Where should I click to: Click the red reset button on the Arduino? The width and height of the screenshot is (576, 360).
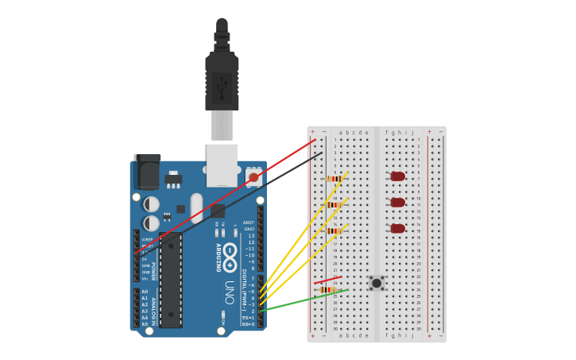tap(253, 177)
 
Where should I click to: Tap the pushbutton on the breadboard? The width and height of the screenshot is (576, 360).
tap(377, 283)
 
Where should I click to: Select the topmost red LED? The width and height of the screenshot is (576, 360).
tap(397, 176)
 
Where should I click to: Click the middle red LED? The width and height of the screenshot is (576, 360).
tap(397, 203)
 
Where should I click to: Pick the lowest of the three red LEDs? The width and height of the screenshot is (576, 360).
tap(397, 229)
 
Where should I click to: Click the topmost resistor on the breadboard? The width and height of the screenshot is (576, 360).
tap(334, 179)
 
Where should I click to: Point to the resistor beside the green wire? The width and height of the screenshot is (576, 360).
tap(328, 290)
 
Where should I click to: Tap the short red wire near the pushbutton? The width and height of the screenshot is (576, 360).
tap(327, 280)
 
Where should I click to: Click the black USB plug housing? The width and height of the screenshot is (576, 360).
tap(222, 79)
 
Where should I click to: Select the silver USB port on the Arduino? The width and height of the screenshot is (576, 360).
tap(222, 163)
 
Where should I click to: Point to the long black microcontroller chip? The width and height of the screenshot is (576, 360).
tap(170, 280)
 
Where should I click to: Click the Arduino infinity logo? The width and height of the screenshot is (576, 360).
tap(230, 257)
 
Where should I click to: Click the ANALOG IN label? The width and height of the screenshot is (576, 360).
tap(153, 307)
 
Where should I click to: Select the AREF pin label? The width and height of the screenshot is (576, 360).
tap(249, 223)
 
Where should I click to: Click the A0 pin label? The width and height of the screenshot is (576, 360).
tap(144, 292)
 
